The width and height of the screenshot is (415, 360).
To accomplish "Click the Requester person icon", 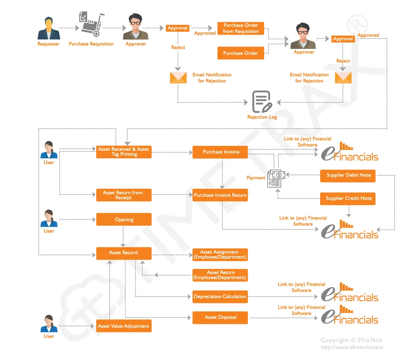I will point(49,29).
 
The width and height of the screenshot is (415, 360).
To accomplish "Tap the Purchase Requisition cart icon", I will point(92,24).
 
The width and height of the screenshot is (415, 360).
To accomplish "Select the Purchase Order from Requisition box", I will point(241,28).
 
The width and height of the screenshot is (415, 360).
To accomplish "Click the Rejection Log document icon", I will point(262,102).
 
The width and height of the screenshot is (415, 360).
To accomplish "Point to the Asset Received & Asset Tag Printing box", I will point(123,152).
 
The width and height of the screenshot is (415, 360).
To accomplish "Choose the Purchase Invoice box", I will point(220,152).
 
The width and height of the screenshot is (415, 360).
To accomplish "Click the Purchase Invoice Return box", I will point(220,195).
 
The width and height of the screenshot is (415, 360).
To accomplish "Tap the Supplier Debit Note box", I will point(348,175).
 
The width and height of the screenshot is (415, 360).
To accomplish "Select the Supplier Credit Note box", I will point(348,198).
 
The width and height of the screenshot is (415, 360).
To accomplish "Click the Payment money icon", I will point(276,178).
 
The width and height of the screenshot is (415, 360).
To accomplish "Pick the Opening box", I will point(124,220).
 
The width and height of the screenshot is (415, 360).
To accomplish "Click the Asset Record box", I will point(123,253).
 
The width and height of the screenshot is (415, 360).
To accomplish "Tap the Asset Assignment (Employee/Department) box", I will point(220,255).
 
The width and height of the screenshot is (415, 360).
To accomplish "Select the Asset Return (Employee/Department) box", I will point(220,275).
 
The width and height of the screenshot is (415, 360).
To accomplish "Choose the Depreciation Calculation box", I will point(220,297).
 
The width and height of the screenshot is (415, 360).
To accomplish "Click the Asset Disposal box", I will point(220,318).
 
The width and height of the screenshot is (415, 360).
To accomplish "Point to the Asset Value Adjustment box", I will point(123,326).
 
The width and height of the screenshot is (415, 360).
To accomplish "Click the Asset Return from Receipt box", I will point(123,195).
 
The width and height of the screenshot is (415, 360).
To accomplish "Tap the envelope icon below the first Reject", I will point(178,78).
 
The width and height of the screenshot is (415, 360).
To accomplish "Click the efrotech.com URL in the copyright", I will point(352,348).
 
